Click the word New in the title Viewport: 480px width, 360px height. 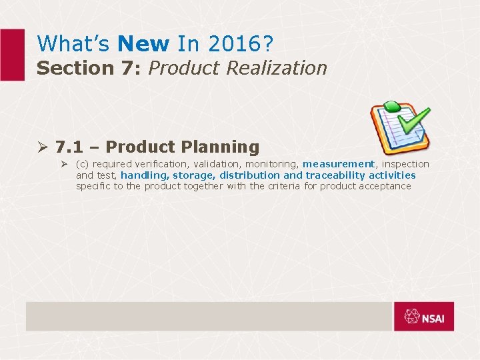(x=143, y=44)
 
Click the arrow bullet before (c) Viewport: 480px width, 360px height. (x=65, y=164)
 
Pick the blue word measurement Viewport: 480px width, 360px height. (x=338, y=164)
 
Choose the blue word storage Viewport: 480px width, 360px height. (x=193, y=175)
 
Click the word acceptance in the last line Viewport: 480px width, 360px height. (x=385, y=186)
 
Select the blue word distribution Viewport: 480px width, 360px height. (x=250, y=175)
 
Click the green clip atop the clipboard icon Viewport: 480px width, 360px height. (x=391, y=107)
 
